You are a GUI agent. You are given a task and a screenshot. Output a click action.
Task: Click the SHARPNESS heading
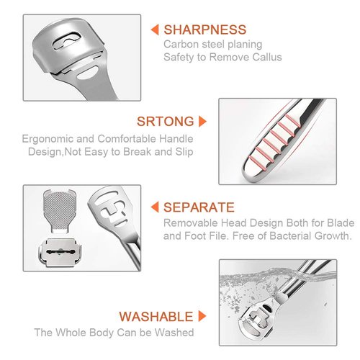coord(204,30)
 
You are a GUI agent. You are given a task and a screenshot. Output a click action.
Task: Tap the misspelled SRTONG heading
coord(166,121)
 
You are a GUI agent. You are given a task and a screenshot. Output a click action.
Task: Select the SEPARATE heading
coord(199,207)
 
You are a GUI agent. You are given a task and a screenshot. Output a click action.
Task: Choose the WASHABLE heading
coord(156,316)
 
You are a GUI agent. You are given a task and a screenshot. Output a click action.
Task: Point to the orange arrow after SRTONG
coord(203,121)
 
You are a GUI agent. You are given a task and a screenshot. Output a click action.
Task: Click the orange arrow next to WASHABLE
coord(203,316)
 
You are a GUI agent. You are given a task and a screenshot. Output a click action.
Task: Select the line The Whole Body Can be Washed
coord(113,332)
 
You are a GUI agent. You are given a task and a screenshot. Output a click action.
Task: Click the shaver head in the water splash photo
coord(258,317)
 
